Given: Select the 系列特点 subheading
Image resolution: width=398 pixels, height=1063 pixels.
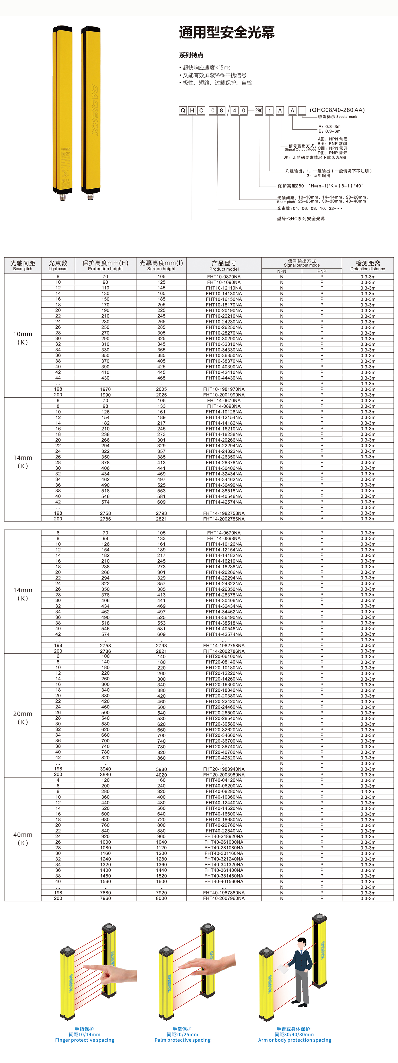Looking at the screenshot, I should coord(191,55).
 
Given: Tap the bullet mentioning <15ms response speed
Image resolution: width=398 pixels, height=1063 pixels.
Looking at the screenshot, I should coord(206,67).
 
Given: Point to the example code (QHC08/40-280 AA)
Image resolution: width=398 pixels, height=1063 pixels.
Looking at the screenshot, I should coord(337,110).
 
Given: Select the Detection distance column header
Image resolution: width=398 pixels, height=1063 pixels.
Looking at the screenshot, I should coord(368,265).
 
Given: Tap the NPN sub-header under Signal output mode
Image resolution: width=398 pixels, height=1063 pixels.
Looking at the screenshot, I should coord(282,271).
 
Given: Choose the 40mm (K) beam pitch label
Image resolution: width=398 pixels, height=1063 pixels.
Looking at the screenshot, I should coord(23,839).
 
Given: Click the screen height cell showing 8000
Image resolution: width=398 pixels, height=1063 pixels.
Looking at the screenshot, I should coord(161,898).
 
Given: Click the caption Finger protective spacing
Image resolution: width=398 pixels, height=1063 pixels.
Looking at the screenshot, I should coord(84,1040).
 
